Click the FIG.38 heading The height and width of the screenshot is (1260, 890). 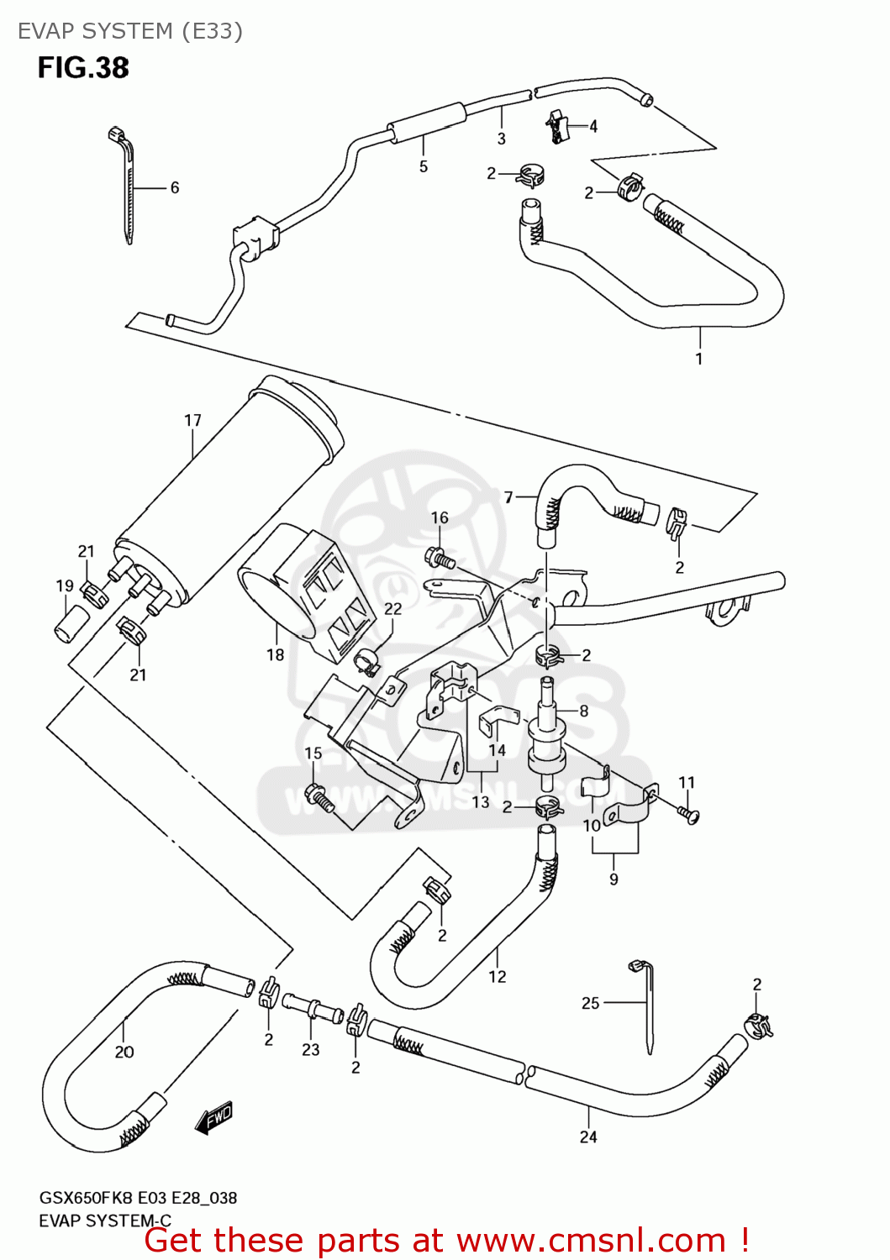(83, 68)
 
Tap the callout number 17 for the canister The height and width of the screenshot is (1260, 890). (192, 420)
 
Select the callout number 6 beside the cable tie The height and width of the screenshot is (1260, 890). (175, 187)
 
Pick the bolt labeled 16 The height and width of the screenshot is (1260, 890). (440, 557)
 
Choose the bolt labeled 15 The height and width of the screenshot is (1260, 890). (319, 795)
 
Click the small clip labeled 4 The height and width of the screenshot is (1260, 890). (557, 126)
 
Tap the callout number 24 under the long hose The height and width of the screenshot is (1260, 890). (588, 1137)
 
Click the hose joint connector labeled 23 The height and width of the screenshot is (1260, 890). (313, 1006)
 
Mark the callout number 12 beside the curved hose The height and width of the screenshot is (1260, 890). (498, 976)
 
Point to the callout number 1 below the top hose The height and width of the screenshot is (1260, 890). (699, 359)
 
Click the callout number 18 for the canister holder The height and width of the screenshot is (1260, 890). (276, 654)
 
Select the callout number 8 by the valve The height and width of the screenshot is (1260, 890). (584, 711)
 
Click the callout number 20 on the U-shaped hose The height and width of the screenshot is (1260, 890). (124, 1052)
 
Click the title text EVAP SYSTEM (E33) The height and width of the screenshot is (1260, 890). (130, 31)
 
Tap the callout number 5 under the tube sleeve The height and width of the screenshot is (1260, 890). (424, 166)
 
